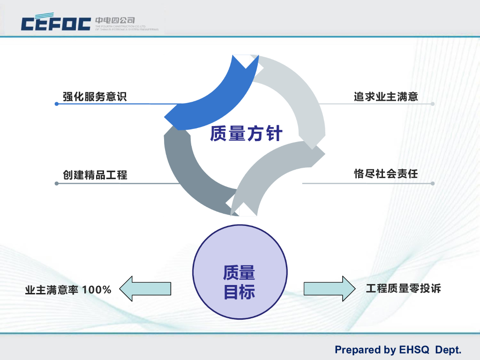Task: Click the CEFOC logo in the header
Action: click(x=56, y=23)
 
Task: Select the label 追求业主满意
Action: click(x=386, y=97)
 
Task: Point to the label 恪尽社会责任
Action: click(x=386, y=174)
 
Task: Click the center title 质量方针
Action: click(x=246, y=134)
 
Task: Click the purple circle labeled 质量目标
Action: click(x=240, y=272)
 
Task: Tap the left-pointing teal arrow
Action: click(x=145, y=288)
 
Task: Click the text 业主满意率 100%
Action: click(x=68, y=290)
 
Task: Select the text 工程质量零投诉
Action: click(x=403, y=288)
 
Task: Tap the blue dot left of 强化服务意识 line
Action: click(x=57, y=104)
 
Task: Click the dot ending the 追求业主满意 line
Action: click(x=433, y=104)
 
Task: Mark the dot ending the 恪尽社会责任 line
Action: click(x=433, y=183)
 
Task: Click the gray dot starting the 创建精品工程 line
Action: click(x=57, y=183)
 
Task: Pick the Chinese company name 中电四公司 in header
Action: click(x=115, y=20)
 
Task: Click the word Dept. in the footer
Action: click(x=449, y=350)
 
